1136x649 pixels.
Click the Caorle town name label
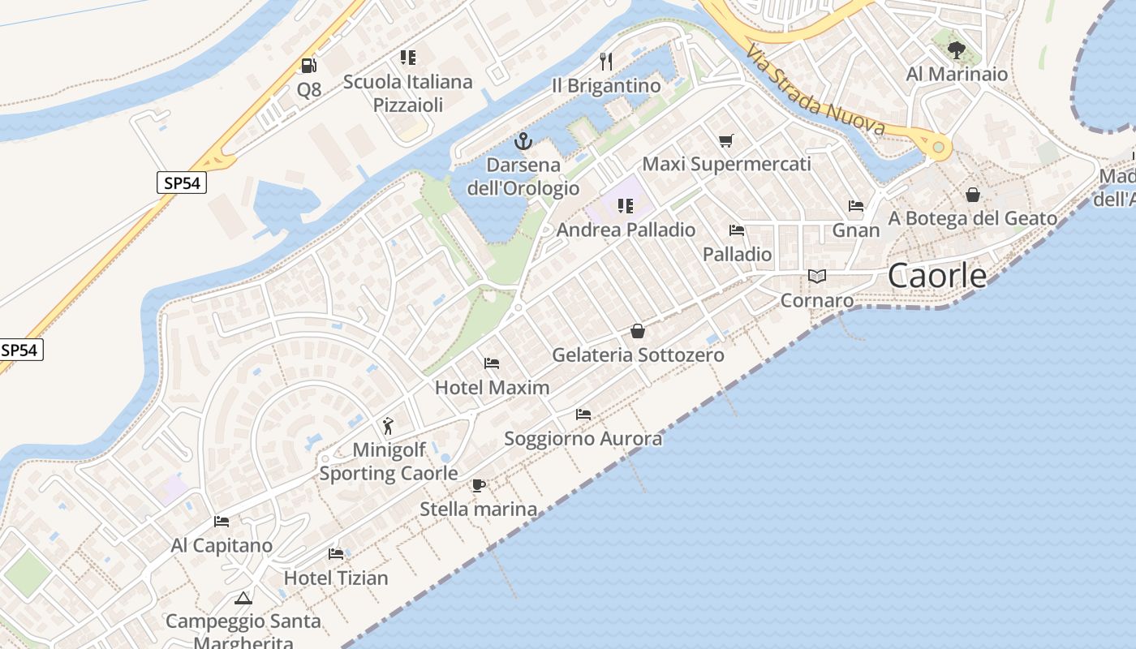click(937, 276)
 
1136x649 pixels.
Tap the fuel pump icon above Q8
click(308, 66)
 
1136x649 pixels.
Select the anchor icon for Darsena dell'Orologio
click(523, 142)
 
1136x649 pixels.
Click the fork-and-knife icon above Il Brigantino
click(605, 61)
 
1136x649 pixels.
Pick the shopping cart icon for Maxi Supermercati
click(726, 140)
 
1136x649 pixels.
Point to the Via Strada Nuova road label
click(815, 90)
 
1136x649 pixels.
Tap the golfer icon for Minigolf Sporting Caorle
click(388, 426)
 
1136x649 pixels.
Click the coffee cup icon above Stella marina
click(479, 485)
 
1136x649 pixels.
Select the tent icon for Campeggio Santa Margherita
click(243, 599)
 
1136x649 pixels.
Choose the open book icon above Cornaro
click(817, 277)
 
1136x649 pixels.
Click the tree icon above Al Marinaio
click(957, 50)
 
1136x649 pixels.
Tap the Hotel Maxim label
click(493, 387)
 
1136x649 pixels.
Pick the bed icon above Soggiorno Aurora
click(583, 415)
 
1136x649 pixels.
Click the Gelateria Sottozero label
click(638, 355)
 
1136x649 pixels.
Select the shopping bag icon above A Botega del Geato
click(973, 195)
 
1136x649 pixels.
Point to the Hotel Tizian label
click(336, 578)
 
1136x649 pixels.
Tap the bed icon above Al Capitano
click(222, 522)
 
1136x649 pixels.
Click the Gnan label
click(856, 230)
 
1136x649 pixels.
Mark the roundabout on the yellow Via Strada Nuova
click(939, 147)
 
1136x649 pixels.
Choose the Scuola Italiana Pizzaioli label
click(407, 92)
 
